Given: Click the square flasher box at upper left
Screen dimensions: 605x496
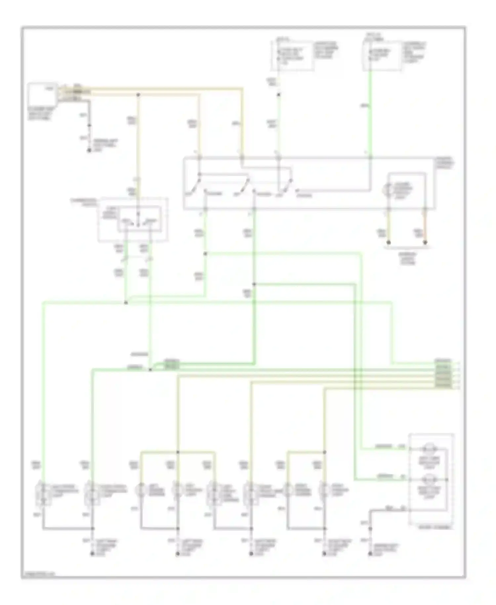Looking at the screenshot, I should (42, 94).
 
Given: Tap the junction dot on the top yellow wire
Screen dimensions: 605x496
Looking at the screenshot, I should (138, 95).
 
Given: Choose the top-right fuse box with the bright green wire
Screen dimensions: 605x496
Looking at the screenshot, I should (383, 56).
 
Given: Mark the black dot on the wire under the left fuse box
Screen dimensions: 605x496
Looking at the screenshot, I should (279, 95).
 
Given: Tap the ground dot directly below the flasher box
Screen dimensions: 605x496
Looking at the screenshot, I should (89, 151).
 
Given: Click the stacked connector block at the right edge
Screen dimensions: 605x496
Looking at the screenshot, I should (443, 374).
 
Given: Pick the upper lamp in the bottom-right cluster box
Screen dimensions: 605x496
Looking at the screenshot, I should (429, 449).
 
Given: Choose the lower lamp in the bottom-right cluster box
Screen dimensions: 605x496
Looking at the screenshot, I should (429, 479).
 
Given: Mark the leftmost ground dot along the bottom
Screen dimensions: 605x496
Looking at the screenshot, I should (92, 553).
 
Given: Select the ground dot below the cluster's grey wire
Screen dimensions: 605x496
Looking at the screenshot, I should (370, 553).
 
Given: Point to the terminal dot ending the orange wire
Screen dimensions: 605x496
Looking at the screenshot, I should (425, 243).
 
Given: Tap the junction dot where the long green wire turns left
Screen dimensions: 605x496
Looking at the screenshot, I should (126, 302).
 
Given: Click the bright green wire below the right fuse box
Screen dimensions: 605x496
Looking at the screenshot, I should (370, 113).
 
